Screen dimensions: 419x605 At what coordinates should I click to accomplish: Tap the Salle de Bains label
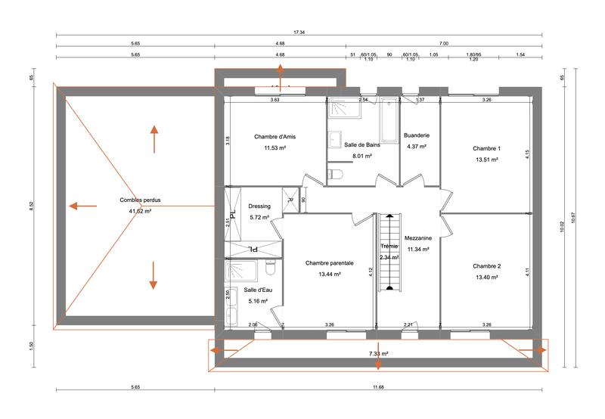point(361,144)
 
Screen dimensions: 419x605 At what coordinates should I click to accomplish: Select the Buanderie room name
point(417,136)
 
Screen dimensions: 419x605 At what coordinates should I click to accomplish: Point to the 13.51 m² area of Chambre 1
point(487,160)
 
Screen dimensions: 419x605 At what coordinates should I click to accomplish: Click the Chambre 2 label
point(487,266)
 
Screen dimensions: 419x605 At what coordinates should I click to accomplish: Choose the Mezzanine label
point(417,237)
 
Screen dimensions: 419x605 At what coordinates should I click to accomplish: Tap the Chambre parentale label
point(330,263)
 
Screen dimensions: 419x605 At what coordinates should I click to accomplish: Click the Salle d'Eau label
point(256,290)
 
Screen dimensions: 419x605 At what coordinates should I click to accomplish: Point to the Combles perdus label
point(141,200)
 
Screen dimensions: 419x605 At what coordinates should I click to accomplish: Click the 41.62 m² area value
point(141,211)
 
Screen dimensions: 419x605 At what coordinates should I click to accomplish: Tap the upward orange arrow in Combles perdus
point(154,139)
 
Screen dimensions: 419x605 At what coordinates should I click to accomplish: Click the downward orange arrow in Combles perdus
point(154,275)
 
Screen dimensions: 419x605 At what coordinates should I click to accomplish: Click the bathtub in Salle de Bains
point(389,120)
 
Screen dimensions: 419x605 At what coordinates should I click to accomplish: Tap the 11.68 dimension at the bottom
point(377,387)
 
